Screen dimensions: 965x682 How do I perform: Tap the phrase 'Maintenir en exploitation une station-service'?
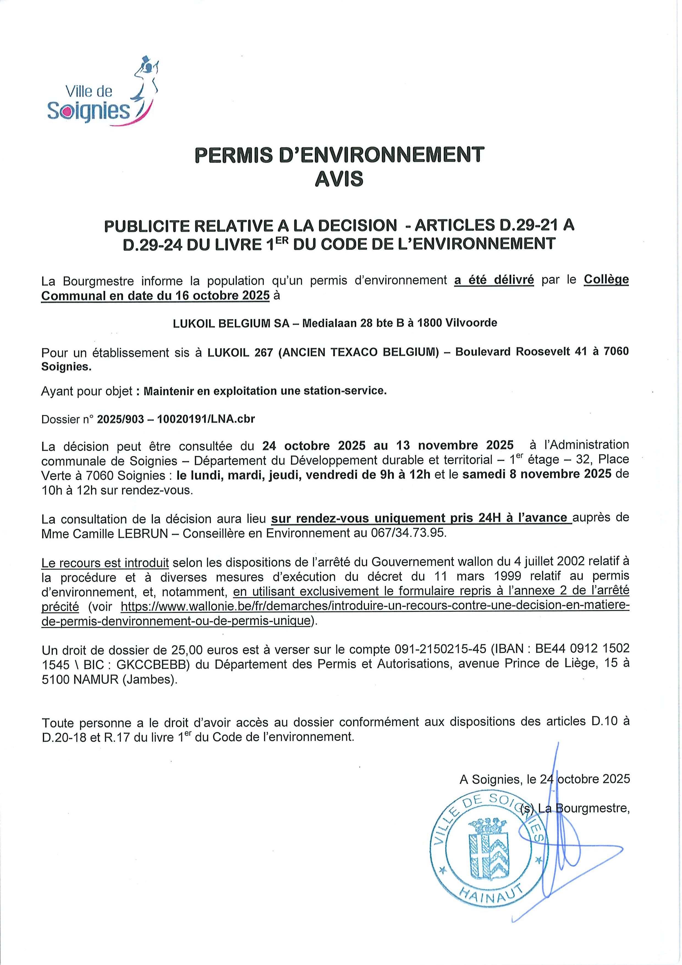click(x=264, y=391)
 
